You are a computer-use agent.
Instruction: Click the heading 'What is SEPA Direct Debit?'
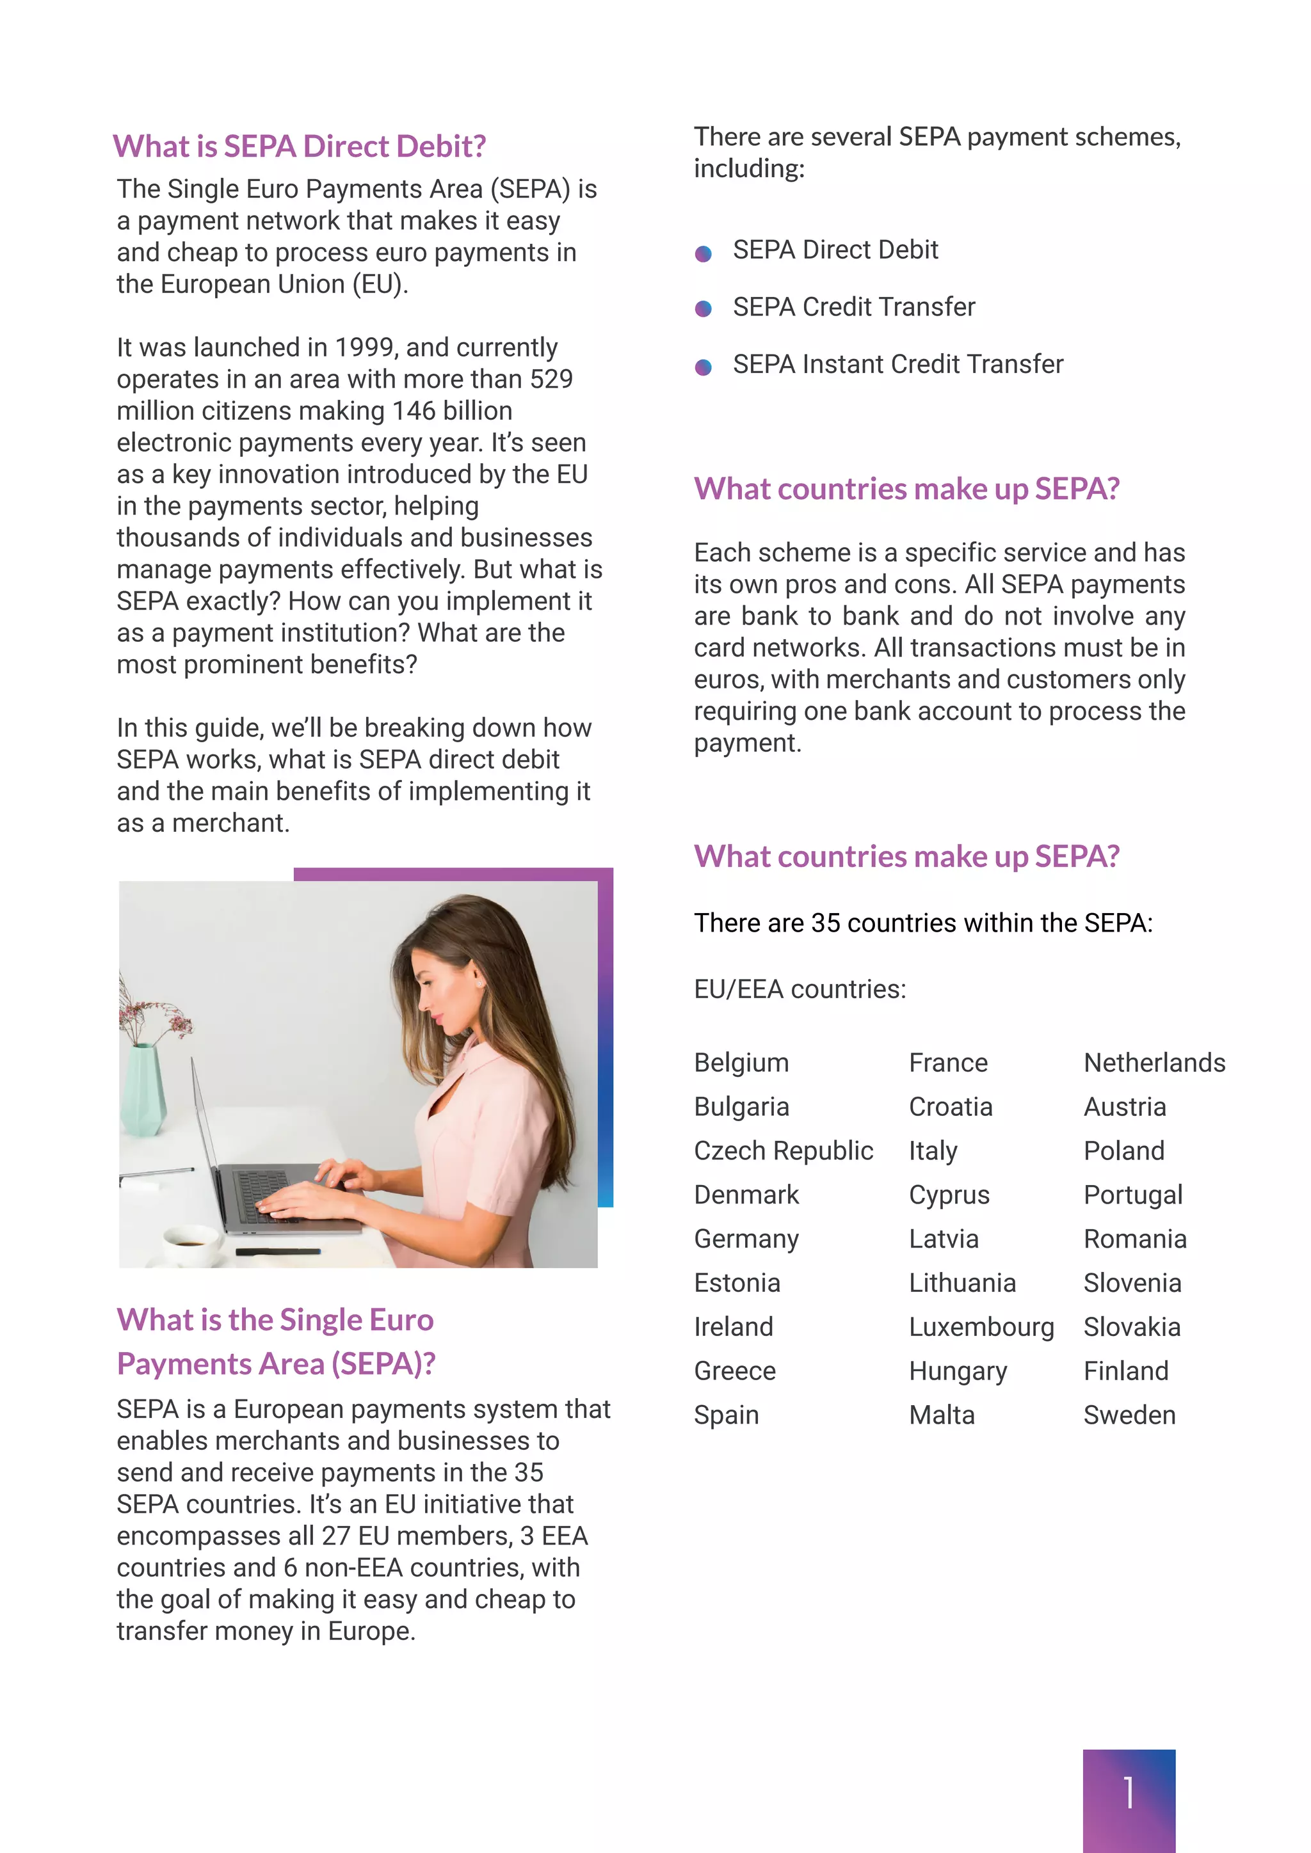300,146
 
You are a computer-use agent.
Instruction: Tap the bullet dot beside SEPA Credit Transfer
703,309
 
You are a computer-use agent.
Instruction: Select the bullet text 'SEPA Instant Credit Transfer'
897,365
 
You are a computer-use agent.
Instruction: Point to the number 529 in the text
551,379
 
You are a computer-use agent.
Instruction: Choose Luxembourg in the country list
981,1327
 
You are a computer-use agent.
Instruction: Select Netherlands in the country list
1154,1063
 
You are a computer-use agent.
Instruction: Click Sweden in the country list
1129,1415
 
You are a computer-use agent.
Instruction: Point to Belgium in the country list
741,1063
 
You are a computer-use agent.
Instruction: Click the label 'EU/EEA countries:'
799,989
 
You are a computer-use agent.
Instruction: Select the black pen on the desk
278,1252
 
